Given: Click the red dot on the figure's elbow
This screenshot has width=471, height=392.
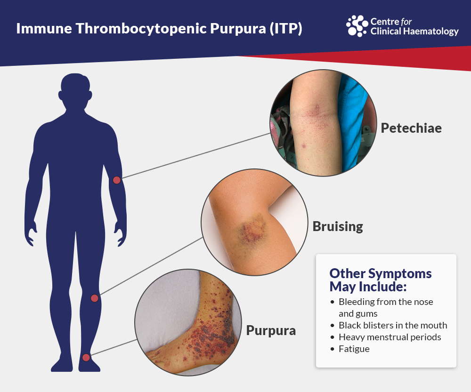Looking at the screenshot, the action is [x=116, y=180].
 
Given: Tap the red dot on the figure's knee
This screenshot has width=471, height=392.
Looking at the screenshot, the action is [x=95, y=298].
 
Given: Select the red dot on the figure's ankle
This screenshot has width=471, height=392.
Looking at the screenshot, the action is [x=86, y=358].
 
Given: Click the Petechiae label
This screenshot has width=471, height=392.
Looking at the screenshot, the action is [x=411, y=128].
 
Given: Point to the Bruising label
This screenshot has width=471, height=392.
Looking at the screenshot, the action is [x=338, y=226].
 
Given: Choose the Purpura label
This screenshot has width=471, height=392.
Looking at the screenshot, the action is [x=271, y=330].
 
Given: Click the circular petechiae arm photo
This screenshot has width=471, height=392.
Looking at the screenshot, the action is [x=323, y=123].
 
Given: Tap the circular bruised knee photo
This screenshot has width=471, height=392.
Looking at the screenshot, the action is [x=254, y=222].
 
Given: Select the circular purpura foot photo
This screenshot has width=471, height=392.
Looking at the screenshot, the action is [x=188, y=322].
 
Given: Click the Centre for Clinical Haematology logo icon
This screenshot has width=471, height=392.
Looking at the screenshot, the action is [x=357, y=26].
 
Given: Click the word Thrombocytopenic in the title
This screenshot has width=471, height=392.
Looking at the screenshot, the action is [x=141, y=29].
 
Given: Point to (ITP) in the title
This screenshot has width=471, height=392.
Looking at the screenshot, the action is [x=285, y=29].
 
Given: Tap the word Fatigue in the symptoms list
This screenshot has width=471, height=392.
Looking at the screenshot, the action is [x=354, y=349].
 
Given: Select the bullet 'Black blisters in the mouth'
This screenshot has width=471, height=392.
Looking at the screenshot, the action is [x=389, y=325].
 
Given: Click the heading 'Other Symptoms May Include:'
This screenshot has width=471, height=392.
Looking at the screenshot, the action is [x=380, y=280].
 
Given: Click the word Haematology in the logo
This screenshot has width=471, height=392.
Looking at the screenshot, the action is [x=431, y=32].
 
